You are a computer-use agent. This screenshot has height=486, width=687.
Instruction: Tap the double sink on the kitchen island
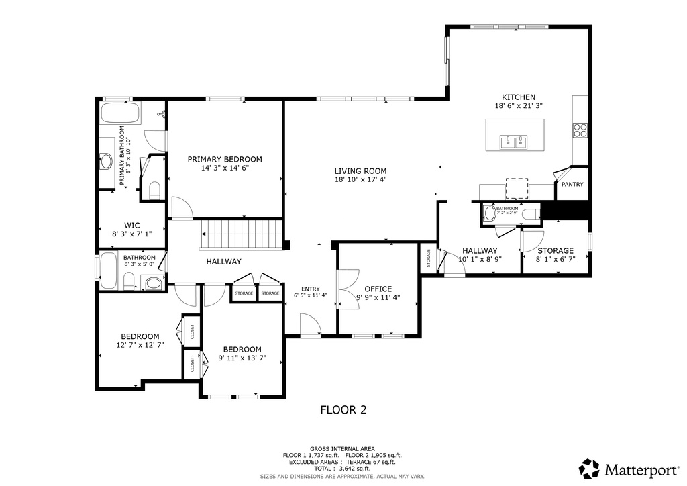pos(513,142)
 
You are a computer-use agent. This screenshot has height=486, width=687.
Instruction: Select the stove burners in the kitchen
pos(580,130)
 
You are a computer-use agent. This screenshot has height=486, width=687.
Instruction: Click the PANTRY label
pos(572,185)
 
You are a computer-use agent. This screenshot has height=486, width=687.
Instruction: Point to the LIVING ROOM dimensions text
pos(360,179)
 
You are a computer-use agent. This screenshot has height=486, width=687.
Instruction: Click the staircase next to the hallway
pos(242,234)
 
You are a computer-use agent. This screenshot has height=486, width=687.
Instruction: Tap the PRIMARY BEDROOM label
pos(224,159)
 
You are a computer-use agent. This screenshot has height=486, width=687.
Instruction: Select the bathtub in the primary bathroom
pos(120,113)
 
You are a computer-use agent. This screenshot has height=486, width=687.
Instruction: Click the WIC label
pos(131,225)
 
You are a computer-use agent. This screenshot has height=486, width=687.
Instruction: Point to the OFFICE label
pos(378,289)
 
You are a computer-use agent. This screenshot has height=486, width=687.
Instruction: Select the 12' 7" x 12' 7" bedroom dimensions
pos(140,345)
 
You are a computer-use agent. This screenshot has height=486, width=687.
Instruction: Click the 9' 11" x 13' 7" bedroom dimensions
pos(242,358)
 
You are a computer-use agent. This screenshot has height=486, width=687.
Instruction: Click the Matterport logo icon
pos(589,468)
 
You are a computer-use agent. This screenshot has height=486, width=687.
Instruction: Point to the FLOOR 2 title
pos(343,409)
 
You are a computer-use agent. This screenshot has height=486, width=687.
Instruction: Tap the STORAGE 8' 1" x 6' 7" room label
pos(555,250)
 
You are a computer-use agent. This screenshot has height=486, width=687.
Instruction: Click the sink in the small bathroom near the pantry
pos(489,214)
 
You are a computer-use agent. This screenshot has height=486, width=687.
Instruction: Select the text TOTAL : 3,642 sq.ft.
pos(342,469)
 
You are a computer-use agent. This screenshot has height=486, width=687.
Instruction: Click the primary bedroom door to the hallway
pos(180,208)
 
